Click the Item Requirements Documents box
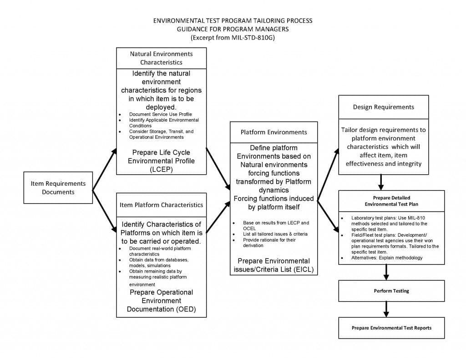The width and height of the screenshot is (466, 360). point(58,188)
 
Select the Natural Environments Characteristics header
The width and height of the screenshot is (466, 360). point(161,58)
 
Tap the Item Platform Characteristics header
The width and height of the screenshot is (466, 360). point(161,205)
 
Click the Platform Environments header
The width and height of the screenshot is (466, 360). point(274,132)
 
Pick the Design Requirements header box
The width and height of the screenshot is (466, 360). point(383,107)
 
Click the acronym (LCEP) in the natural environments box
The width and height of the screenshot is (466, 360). point(161,169)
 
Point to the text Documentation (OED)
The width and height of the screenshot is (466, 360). point(161,309)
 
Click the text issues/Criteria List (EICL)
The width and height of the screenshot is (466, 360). point(274,269)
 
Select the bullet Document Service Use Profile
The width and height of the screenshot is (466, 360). point(154,114)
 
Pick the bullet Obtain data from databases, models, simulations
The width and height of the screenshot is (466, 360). point(158,263)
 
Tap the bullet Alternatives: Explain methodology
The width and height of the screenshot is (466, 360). point(387,258)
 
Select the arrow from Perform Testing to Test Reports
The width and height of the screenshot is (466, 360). point(386,309)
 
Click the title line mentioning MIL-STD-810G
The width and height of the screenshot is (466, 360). point(233,37)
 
